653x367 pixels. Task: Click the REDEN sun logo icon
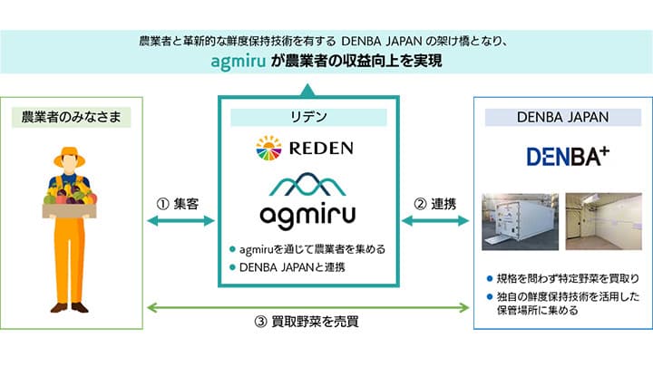(x=268, y=147)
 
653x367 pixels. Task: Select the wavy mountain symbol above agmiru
(x=308, y=184)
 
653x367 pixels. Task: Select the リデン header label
(x=308, y=117)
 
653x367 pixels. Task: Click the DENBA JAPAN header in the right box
(x=561, y=116)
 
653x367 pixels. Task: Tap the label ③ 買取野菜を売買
(x=307, y=321)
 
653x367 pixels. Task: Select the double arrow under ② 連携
(x=437, y=221)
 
